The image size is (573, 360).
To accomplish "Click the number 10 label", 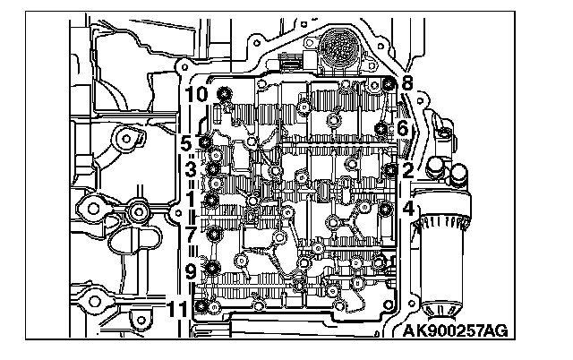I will point(197,92).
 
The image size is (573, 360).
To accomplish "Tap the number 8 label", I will point(407,82).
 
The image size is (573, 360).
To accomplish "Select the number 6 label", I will point(402,129).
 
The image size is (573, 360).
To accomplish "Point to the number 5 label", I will point(186,141).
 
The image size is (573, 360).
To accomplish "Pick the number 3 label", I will point(191,167).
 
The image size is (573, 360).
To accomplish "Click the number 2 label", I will point(407,168).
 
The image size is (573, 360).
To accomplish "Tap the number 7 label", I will point(191,235).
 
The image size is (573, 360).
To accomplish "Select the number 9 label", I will point(191,270).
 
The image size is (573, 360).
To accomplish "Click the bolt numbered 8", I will point(389,84).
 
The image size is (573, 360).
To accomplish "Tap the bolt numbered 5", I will point(207,141).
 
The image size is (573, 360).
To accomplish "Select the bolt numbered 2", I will point(389,168).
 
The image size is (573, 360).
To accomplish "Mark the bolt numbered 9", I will point(213,266).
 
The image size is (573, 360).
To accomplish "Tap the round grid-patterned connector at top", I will point(338,43).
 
